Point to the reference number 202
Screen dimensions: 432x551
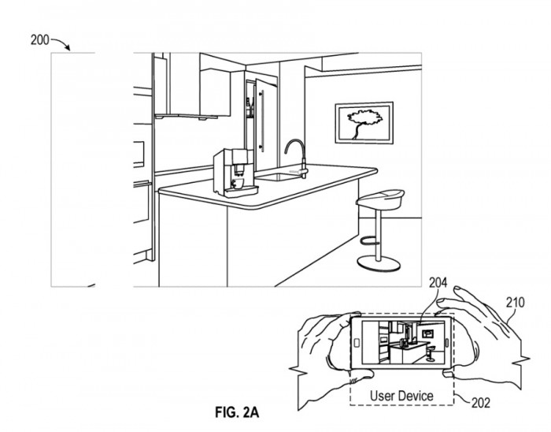click(x=481, y=402)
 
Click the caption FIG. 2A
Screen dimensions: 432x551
click(x=239, y=412)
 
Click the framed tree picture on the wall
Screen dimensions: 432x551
click(x=363, y=123)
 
